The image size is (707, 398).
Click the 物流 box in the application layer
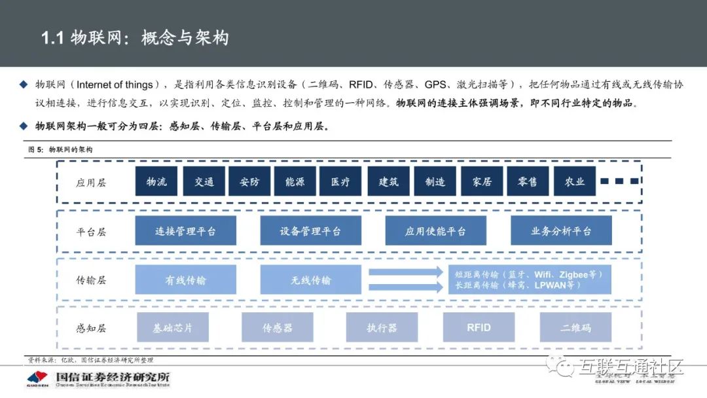[156, 181]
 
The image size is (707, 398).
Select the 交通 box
[204, 181]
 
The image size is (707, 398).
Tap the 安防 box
[249, 181]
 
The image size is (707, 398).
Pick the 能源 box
[295, 181]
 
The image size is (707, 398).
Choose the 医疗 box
[340, 181]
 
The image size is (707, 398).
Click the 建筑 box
[388, 181]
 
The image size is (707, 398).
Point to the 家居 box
[482, 181]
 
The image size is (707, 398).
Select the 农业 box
[574, 181]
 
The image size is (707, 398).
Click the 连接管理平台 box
[185, 231]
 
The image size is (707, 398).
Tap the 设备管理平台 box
[310, 231]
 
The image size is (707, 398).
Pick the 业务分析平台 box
[561, 231]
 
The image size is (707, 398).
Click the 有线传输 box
[185, 280]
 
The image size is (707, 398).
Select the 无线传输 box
[310, 280]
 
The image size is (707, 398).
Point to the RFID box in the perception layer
[479, 327]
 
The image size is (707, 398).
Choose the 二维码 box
[575, 327]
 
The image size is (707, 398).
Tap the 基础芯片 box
[173, 327]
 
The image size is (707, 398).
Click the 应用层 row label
[91, 183]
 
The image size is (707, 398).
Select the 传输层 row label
[91, 280]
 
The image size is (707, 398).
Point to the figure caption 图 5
[35, 150]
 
